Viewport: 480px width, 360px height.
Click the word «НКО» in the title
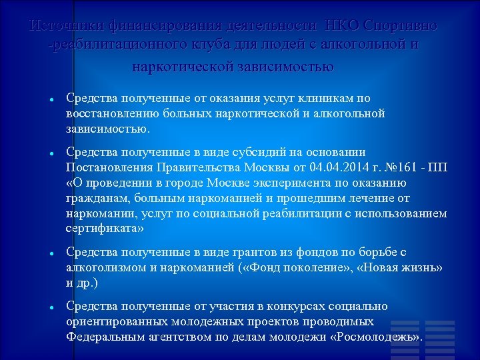(342, 26)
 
